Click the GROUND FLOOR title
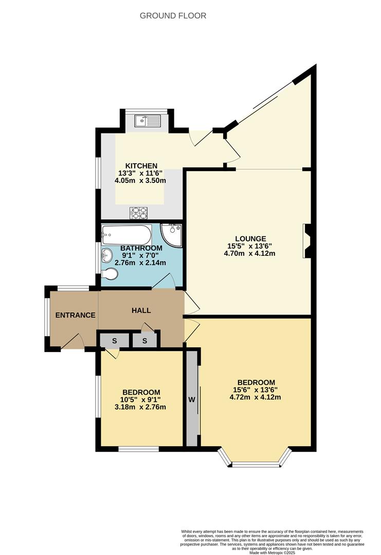point(173,16)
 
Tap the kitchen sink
point(147,121)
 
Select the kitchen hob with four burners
point(138,212)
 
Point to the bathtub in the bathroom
point(126,235)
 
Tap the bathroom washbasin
point(107,254)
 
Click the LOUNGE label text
point(250,238)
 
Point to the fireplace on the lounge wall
point(307,240)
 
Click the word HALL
point(141,310)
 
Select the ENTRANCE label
point(75,315)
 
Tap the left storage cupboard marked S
point(114,341)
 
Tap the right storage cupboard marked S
point(144,341)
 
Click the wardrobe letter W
point(191,399)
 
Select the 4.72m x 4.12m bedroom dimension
point(256,397)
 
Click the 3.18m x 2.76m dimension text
point(140,408)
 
